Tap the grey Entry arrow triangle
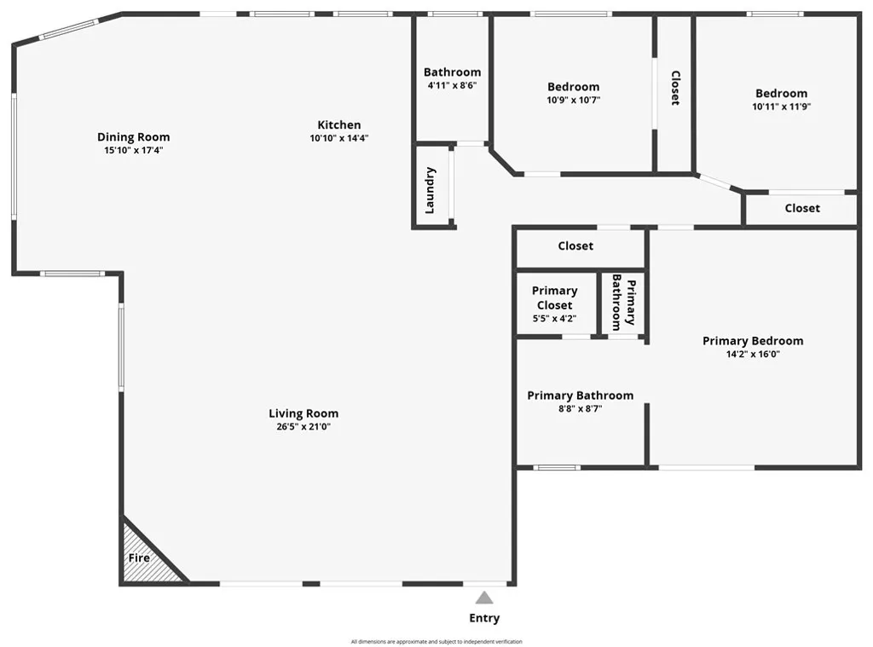[x=484, y=598]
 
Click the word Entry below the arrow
[x=484, y=618]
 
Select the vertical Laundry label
[x=431, y=189]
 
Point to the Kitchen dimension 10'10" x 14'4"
[x=339, y=138]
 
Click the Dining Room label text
[x=133, y=136]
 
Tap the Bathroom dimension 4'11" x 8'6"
[x=452, y=86]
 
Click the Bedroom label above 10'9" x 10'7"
[x=573, y=86]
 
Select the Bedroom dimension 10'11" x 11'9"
[x=781, y=107]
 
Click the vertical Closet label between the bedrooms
[x=674, y=88]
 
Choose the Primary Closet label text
[x=554, y=298]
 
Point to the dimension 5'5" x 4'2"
[x=554, y=319]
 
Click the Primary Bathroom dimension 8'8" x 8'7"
[x=580, y=409]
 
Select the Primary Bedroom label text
[x=753, y=341]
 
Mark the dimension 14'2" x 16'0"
[x=753, y=355]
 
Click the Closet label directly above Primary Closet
[x=575, y=246]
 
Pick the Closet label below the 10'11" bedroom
[x=802, y=208]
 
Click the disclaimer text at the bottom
[x=436, y=642]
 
